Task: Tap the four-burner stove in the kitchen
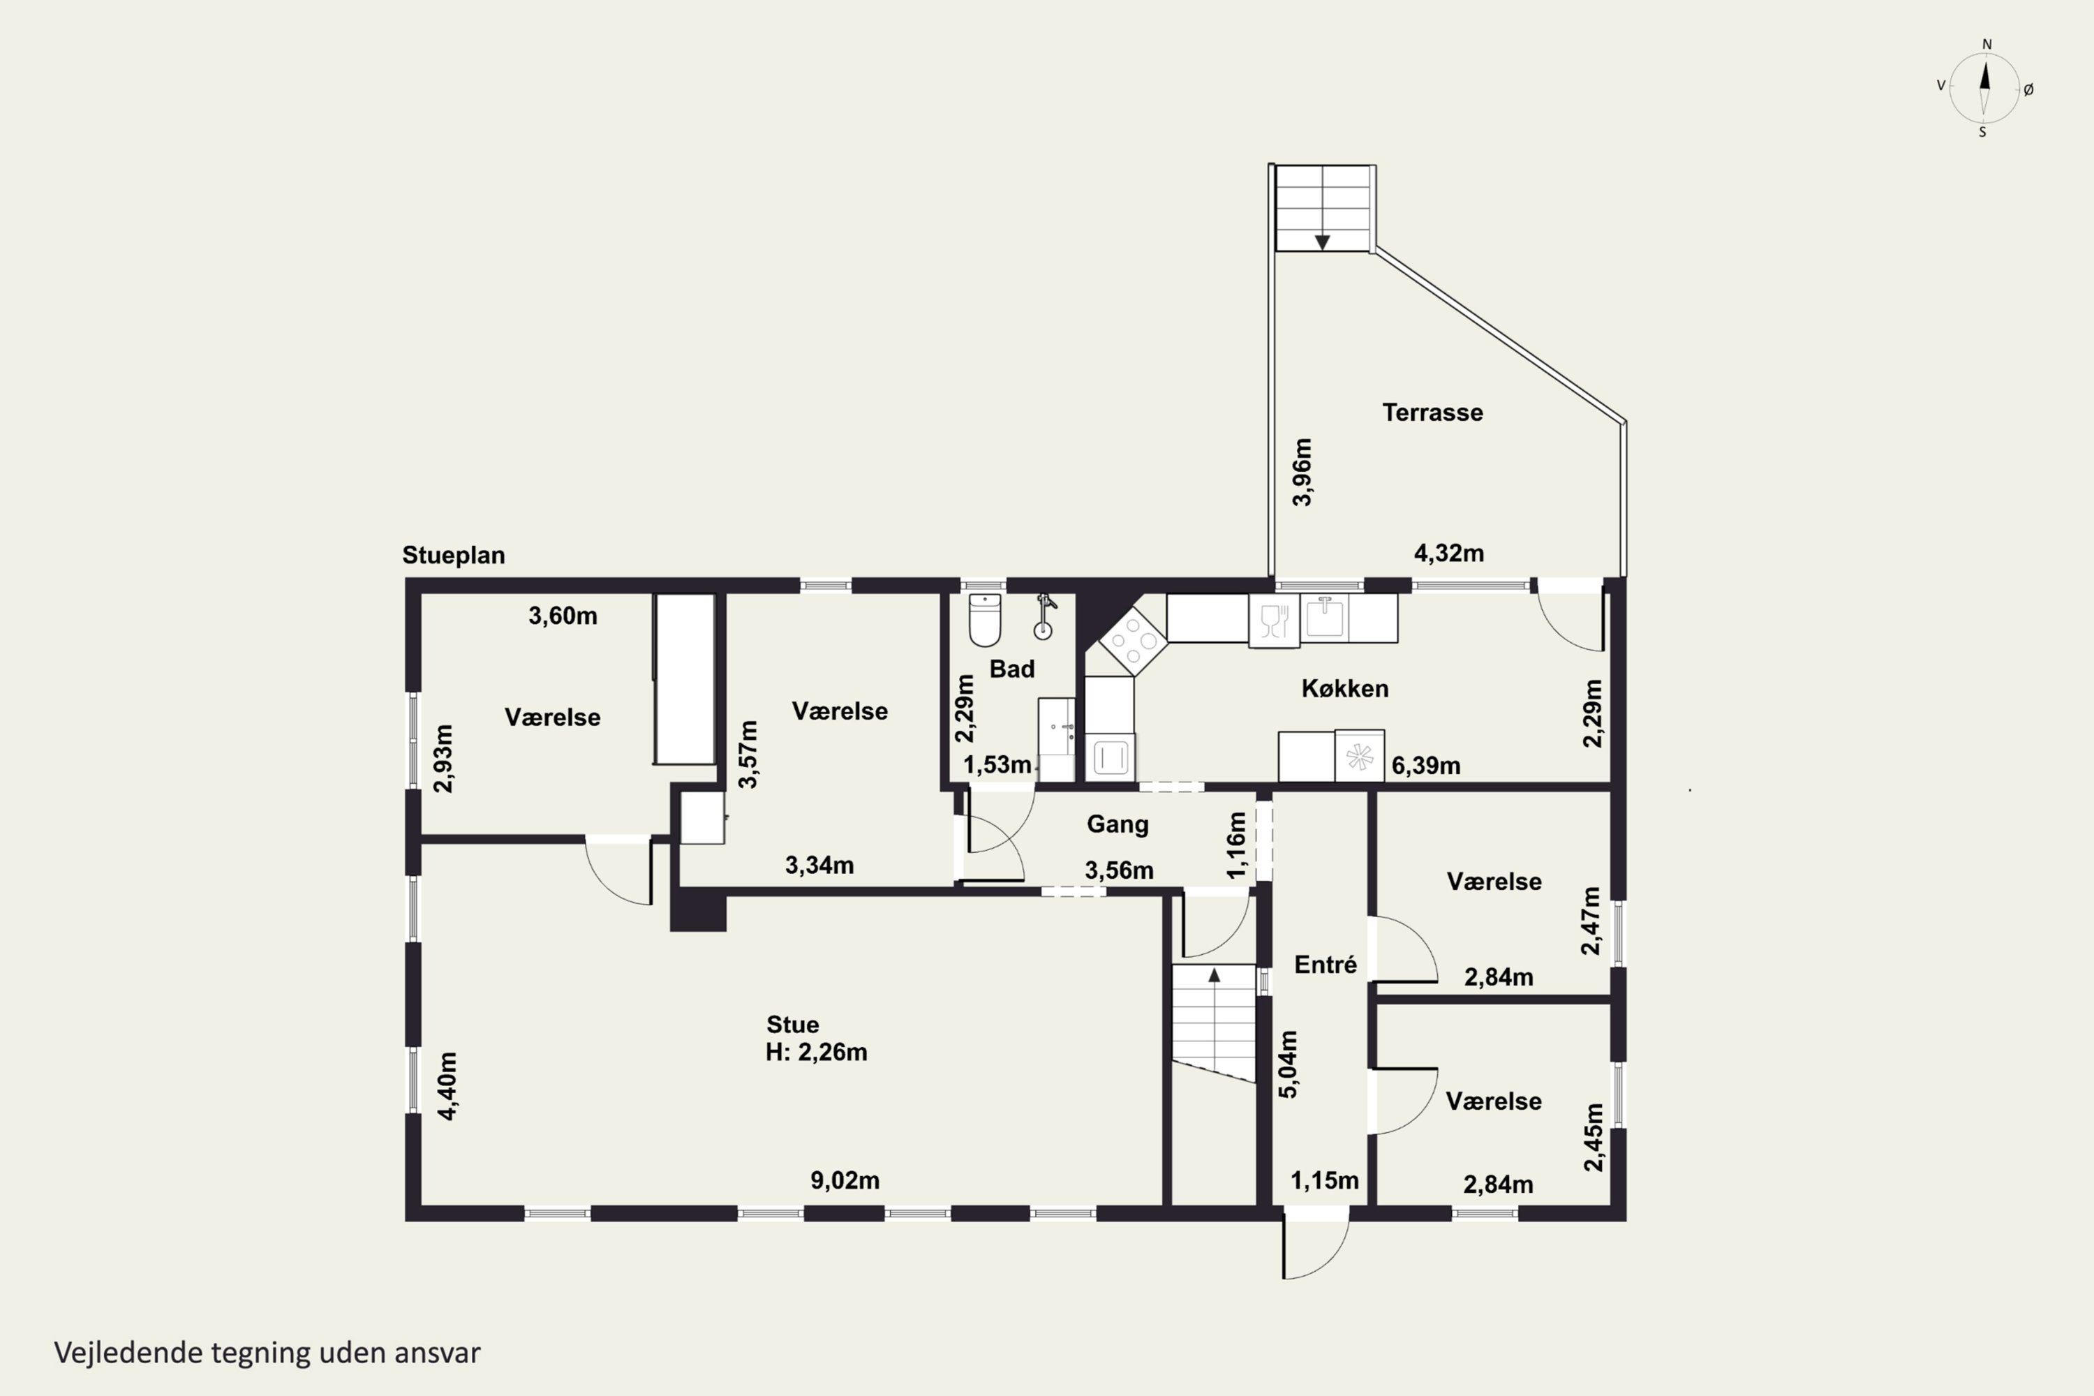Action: click(1132, 640)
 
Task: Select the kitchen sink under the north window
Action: click(1325, 616)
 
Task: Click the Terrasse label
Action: click(1432, 413)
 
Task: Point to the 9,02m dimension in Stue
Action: click(845, 1180)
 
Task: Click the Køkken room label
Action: click(1344, 688)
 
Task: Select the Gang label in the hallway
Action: click(1117, 824)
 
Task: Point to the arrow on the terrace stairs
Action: click(1322, 242)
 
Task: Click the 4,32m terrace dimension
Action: click(1450, 553)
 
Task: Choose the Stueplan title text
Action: click(453, 556)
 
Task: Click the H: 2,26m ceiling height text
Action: click(817, 1053)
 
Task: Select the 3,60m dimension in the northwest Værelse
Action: click(563, 616)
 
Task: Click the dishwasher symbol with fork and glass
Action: click(1274, 621)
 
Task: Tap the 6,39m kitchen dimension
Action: click(1425, 766)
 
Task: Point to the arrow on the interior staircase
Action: click(1214, 975)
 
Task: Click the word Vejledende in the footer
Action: click(128, 1353)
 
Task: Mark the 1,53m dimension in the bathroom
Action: click(997, 765)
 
